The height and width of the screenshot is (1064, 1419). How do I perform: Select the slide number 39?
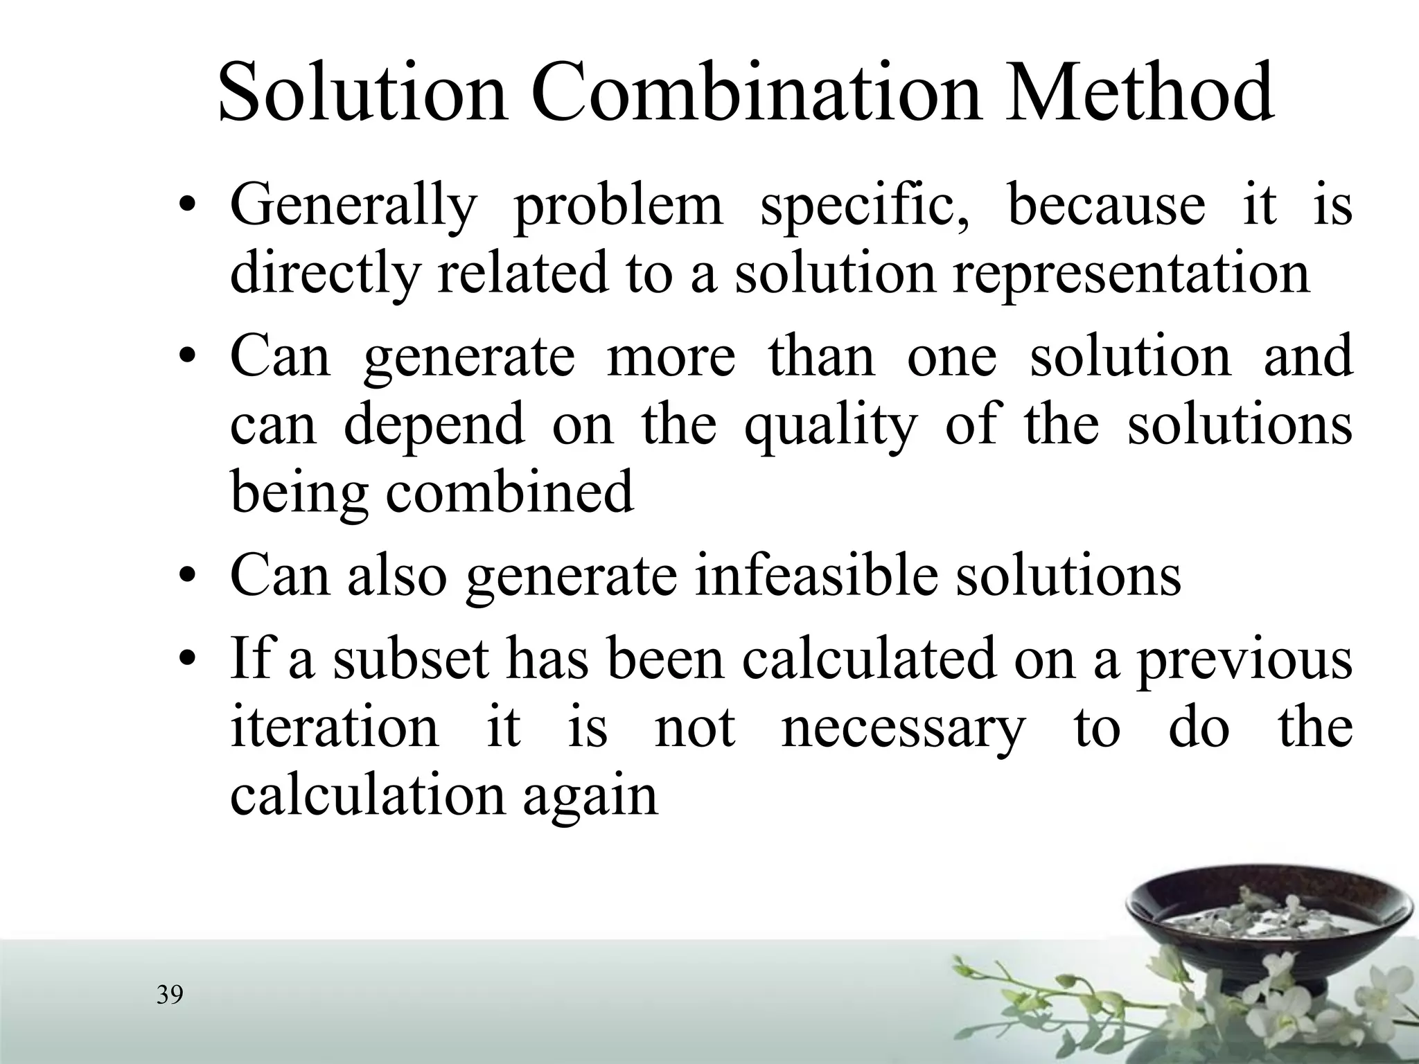[170, 995]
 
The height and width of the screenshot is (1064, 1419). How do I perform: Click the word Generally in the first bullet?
[353, 206]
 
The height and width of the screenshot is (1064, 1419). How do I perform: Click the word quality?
[830, 425]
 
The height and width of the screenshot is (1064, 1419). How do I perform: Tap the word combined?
[509, 493]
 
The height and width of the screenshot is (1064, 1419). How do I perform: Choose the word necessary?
[902, 728]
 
